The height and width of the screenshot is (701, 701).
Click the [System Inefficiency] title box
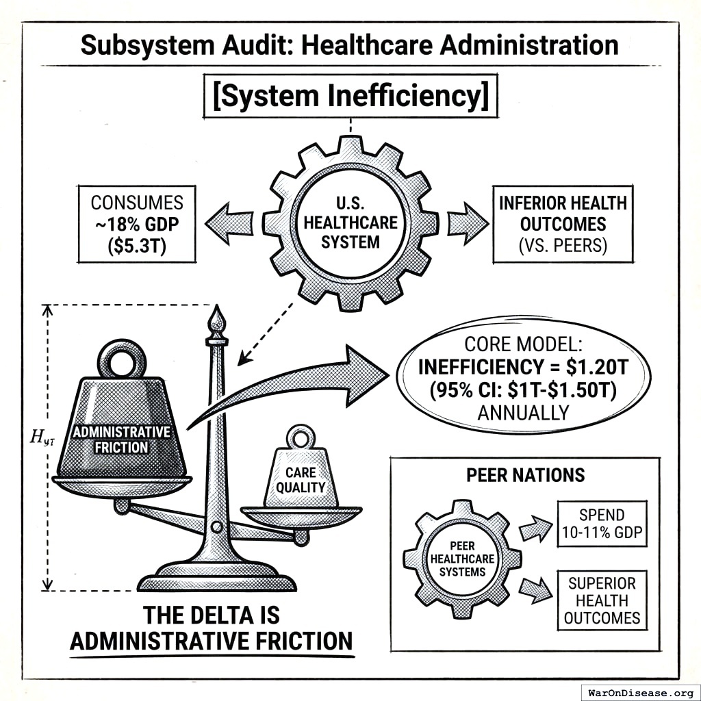350,97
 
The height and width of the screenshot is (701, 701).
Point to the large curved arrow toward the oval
301,383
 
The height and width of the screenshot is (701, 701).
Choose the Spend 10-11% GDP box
601,524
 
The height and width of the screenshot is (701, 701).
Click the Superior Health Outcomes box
602,600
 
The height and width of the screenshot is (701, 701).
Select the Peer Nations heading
525,475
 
